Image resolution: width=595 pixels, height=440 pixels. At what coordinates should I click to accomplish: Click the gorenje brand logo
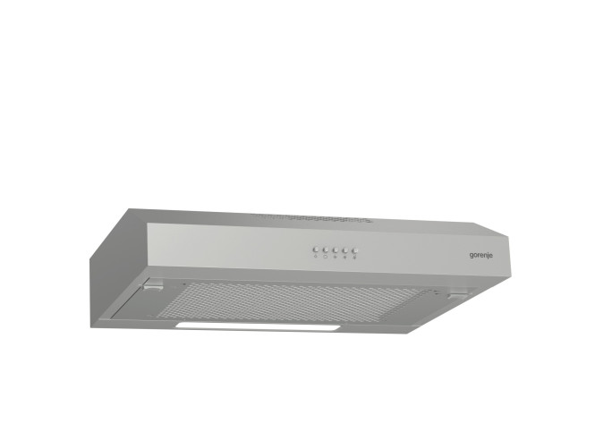coord(481,255)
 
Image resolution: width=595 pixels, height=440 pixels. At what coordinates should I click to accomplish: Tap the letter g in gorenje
coord(472,255)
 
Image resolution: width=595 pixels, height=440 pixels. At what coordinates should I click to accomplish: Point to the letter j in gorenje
coord(488,256)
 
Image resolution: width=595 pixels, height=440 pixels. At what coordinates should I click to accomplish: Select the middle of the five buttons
coord(335,250)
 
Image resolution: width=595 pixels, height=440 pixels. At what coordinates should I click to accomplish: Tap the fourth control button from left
coord(345,250)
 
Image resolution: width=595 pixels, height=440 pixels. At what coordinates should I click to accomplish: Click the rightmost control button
coord(355,251)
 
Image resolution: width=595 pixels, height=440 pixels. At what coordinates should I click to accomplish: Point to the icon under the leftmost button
coord(316,257)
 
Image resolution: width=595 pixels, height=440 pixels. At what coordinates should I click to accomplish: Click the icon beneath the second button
coord(325,258)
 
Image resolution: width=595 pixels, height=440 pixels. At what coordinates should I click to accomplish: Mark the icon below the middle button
coord(335,258)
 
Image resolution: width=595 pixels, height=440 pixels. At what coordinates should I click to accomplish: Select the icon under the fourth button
coord(344,258)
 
